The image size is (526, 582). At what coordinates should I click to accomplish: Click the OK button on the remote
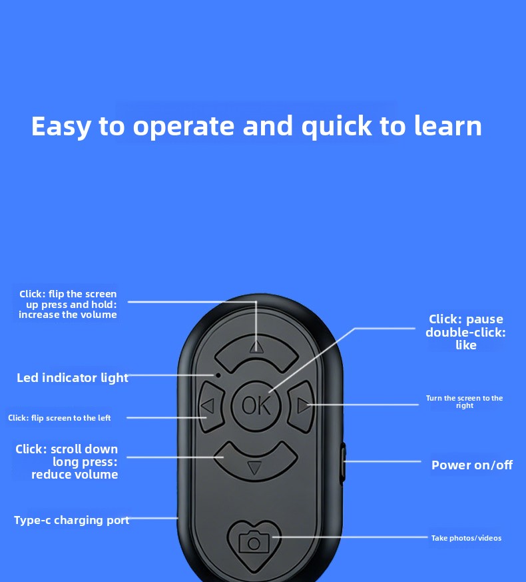256,405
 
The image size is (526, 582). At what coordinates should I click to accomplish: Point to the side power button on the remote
343,461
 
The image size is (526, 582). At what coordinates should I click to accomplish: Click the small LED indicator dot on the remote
217,375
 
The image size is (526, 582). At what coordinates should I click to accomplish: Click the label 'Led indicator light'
72,378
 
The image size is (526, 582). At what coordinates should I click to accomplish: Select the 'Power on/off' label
471,465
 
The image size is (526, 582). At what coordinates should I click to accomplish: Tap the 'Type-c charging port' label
71,520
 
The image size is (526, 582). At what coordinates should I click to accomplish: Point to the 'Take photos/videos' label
466,538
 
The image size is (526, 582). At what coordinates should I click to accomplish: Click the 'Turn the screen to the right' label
464,402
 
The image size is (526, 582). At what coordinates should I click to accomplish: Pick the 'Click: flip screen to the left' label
59,418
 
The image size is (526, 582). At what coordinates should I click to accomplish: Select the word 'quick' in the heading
336,127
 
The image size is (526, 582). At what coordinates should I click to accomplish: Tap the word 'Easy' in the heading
60,127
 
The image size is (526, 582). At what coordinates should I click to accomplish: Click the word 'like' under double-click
466,345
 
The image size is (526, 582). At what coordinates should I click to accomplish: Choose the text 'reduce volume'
75,475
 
